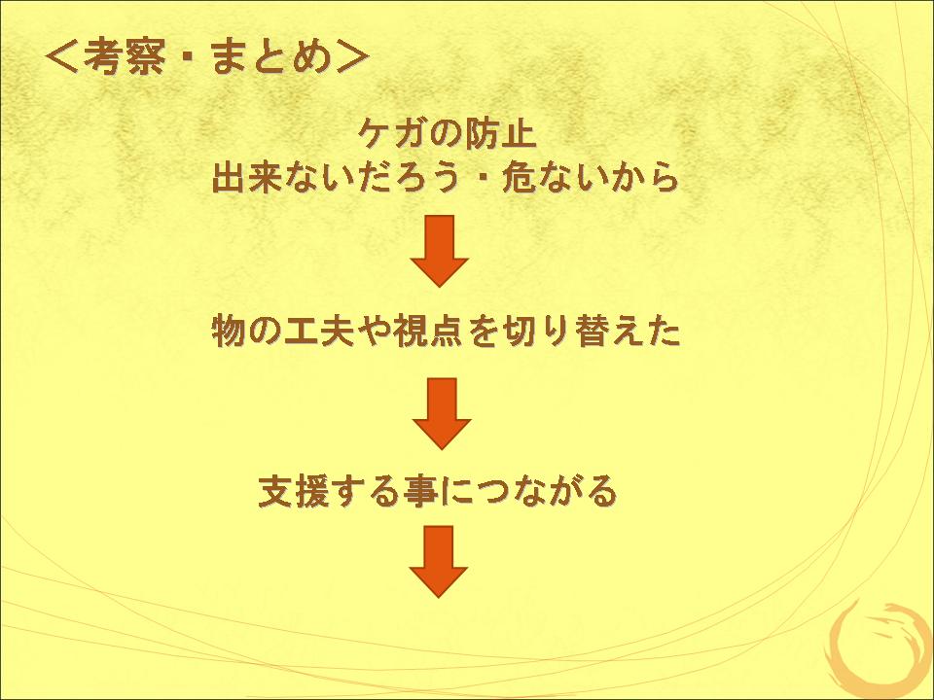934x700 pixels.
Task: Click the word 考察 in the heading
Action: coord(124,57)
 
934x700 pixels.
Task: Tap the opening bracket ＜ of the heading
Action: coord(62,57)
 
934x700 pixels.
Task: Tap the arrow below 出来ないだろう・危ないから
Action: coord(440,251)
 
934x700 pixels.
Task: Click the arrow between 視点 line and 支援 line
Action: coord(442,413)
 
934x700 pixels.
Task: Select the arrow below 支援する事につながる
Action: coord(439,561)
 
